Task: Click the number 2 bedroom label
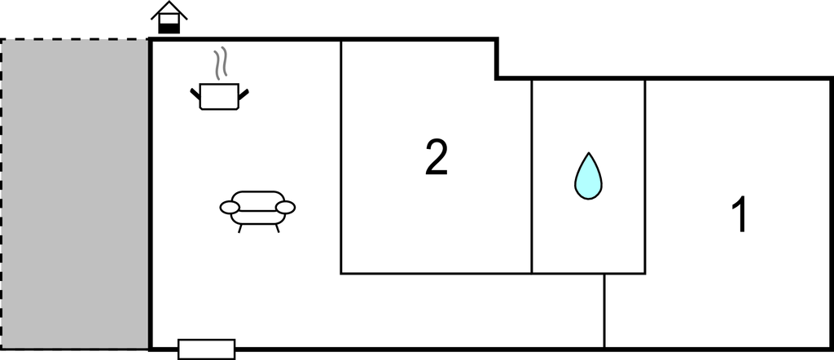[x=437, y=157]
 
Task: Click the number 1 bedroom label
[x=740, y=214]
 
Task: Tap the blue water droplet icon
[x=588, y=177]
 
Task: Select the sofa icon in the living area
[x=257, y=211]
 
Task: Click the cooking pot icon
[x=219, y=96]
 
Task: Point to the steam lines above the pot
[x=222, y=63]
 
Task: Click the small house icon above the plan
[x=169, y=18]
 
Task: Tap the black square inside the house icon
[x=169, y=28]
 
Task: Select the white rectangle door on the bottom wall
[x=206, y=349]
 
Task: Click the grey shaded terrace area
[x=74, y=194]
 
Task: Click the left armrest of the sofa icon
[x=230, y=208]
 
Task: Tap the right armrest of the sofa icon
[x=286, y=208]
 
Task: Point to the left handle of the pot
[x=195, y=94]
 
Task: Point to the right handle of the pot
[x=244, y=94]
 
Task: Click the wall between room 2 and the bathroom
[x=531, y=176]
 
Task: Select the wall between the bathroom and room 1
[x=645, y=176]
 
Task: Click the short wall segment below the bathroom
[x=604, y=311]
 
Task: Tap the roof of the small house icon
[x=169, y=10]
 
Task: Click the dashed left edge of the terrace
[x=2, y=194]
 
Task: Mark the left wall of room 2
[x=341, y=157]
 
